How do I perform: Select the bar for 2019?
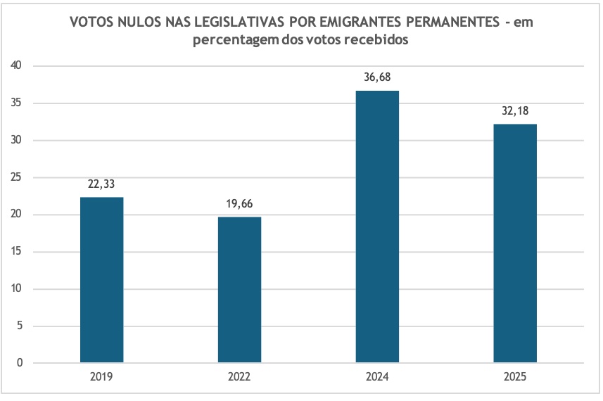[x=101, y=280]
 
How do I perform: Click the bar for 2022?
[x=239, y=290]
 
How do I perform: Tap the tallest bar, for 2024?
[x=377, y=227]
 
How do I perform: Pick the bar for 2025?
[x=515, y=243]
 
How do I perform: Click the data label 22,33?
[x=101, y=184]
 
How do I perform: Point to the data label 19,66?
[x=239, y=203]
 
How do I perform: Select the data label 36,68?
[x=377, y=77]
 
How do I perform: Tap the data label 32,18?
[x=515, y=110]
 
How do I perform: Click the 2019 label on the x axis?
[x=101, y=378]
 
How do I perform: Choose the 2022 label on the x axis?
[x=239, y=378]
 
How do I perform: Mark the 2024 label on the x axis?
[x=377, y=378]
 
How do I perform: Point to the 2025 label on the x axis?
[x=515, y=378]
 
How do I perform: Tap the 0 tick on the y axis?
[x=20, y=363]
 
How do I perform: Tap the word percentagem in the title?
[x=235, y=41]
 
